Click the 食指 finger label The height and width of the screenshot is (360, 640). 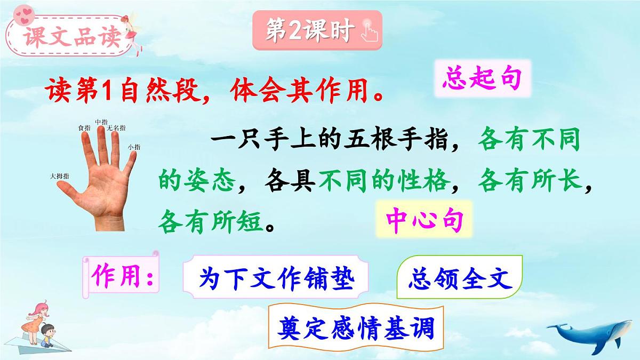click(x=84, y=128)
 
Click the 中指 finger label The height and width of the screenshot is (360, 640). click(x=101, y=122)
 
